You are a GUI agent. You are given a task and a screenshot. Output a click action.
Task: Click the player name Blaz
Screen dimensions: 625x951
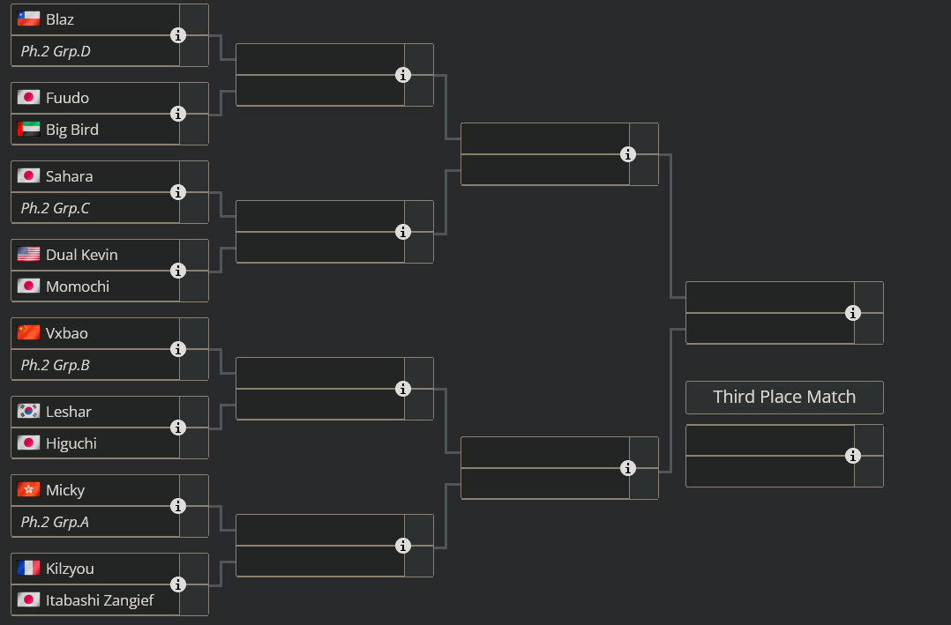point(60,19)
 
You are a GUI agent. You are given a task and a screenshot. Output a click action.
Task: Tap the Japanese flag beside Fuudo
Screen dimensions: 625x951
point(28,98)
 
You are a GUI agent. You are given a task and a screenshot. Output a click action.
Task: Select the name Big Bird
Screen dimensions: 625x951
point(72,130)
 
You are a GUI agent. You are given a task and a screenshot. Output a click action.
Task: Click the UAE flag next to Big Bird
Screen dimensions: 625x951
point(28,130)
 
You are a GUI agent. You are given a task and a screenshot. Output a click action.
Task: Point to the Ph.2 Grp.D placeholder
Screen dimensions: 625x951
point(56,51)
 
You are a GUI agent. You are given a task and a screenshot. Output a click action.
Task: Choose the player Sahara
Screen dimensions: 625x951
point(69,176)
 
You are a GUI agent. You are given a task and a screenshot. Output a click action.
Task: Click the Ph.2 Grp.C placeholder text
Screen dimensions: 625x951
point(56,208)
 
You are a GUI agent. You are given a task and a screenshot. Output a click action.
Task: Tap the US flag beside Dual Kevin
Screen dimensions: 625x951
point(28,255)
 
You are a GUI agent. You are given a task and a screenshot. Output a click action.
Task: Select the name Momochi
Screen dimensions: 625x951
point(78,286)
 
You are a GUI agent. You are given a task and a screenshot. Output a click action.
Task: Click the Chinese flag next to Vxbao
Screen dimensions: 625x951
point(28,333)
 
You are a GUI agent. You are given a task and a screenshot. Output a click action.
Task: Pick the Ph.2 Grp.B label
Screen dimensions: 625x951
point(56,365)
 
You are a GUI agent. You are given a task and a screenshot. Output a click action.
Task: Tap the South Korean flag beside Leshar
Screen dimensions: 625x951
point(28,412)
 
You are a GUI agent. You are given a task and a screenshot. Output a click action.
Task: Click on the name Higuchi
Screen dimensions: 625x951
point(71,443)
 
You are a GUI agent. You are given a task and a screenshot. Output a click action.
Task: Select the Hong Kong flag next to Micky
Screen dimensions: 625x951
point(28,490)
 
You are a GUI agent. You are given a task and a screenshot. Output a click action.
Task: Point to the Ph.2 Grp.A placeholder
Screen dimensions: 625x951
point(56,522)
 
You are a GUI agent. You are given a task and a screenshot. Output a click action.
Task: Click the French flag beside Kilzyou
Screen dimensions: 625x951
point(28,569)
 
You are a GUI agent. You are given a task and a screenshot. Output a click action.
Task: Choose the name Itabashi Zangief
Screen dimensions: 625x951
point(100,600)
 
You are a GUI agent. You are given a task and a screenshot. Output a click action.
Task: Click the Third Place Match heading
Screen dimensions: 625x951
point(784,397)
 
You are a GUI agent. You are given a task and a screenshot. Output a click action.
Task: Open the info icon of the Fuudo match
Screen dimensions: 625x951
point(178,114)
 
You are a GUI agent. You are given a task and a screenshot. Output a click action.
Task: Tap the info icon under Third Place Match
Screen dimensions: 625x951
point(852,456)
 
